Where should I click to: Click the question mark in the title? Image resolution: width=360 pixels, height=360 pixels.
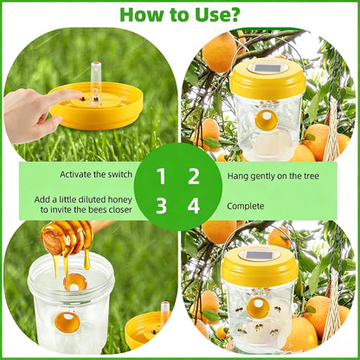233,14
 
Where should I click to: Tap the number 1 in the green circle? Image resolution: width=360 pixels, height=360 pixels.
161,177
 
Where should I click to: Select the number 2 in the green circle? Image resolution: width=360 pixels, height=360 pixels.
194,177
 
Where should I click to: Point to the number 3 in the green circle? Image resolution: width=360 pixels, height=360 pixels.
161,206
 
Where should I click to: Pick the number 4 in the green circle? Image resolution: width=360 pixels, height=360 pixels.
194,206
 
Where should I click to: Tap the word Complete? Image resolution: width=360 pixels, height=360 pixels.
246,206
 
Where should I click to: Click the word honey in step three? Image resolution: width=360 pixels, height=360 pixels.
120,200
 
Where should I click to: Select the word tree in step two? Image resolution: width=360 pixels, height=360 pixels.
311,176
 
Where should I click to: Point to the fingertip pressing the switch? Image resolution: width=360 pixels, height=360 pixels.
76,94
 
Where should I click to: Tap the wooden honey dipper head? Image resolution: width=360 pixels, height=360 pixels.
67,236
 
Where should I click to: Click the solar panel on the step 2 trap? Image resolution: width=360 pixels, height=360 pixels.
267,68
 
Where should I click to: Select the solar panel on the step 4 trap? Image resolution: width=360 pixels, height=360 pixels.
260,254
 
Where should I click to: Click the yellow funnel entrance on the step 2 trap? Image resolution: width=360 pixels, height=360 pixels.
267,119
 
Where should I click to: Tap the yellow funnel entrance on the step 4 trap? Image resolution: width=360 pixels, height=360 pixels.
258,308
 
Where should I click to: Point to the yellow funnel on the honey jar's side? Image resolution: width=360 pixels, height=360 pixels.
67,322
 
